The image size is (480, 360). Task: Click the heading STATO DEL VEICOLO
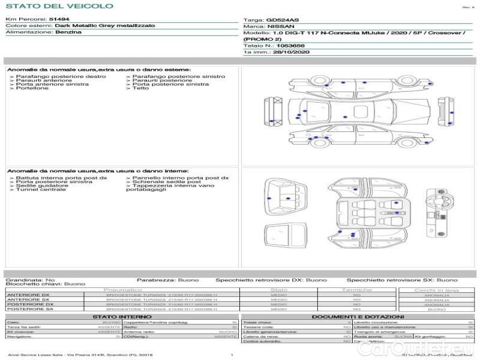coord(59,6)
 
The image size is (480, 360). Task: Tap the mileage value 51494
coord(59,19)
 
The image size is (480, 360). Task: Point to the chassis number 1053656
coord(290,46)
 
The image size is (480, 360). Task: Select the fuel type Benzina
coord(68,32)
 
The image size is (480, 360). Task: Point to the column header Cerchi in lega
coord(436,290)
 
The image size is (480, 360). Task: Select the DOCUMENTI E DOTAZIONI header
coord(357,316)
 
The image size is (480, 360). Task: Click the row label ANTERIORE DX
coord(28,295)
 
